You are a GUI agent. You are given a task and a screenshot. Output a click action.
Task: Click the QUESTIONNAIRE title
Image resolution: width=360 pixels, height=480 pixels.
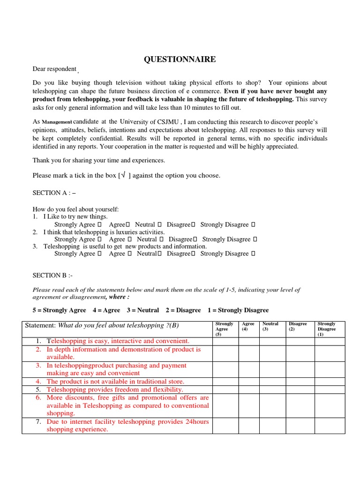(x=180, y=59)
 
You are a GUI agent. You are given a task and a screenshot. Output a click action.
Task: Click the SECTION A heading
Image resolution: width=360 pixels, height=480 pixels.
(x=54, y=193)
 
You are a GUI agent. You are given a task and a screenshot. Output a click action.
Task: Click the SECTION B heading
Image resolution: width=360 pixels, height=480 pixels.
(x=52, y=275)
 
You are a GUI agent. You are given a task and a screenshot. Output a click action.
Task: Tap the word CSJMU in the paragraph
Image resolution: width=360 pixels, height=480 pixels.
(x=163, y=122)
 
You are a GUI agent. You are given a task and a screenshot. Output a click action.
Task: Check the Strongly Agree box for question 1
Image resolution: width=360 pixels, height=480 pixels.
(x=99, y=225)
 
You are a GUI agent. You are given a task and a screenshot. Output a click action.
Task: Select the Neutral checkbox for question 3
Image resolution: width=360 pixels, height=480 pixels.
(x=160, y=254)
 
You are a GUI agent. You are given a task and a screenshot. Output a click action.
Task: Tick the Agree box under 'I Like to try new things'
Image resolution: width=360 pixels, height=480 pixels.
(x=127, y=225)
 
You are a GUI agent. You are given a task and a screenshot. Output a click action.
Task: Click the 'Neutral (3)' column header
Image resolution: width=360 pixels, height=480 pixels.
(x=270, y=326)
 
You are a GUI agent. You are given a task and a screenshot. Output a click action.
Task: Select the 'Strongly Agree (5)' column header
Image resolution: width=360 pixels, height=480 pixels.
(x=224, y=329)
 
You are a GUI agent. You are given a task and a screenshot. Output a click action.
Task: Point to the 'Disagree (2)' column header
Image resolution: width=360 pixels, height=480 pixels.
(x=298, y=326)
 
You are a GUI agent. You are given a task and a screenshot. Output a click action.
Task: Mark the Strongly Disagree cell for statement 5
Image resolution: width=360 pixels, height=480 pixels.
(x=329, y=390)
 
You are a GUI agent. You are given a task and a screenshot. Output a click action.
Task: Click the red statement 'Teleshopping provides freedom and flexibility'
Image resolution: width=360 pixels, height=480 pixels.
(x=115, y=390)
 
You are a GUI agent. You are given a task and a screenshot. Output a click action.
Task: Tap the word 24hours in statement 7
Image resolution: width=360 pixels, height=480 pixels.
(x=197, y=421)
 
